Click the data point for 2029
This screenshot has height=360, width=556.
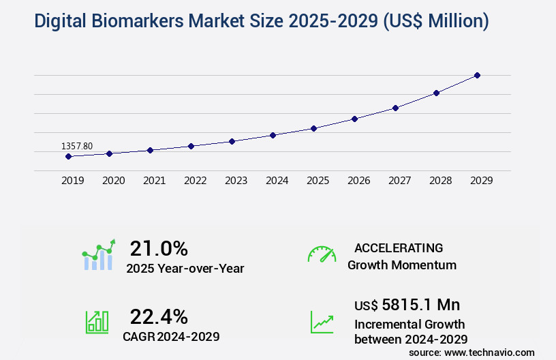click(477, 75)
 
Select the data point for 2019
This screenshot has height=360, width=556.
click(68, 156)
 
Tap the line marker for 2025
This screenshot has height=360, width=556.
click(313, 128)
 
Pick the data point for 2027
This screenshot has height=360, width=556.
click(395, 108)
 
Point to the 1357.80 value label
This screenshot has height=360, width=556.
click(77, 146)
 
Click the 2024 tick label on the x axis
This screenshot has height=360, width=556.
click(277, 181)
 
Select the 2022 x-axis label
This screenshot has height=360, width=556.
click(195, 181)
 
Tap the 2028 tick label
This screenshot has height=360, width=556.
click(440, 181)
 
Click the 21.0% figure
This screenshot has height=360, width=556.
click(159, 248)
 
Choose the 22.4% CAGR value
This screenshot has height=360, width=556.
click(159, 316)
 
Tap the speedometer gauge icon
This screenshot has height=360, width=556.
click(322, 254)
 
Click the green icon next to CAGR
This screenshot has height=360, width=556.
click(97, 322)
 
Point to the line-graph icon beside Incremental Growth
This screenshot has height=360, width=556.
click(322, 322)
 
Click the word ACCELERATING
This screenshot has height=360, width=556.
click(399, 247)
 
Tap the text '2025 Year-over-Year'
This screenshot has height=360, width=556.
click(185, 269)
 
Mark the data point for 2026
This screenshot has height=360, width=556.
click(354, 119)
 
